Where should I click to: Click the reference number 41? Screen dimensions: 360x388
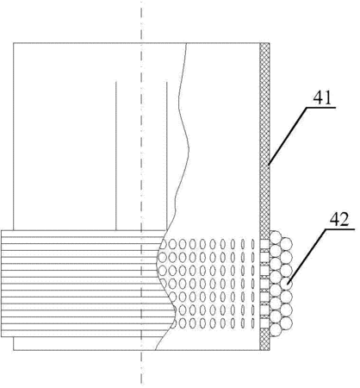point(322,98)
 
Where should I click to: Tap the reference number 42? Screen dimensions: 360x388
point(339,220)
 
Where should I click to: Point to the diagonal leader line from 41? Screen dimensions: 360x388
point(287,136)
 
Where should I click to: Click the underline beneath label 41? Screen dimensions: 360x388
point(321,108)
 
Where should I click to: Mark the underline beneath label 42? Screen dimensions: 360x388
point(339,229)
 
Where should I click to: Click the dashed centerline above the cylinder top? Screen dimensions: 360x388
point(141,22)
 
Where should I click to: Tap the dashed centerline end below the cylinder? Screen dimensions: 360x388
point(141,384)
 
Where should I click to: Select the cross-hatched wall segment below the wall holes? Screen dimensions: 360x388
point(264,340)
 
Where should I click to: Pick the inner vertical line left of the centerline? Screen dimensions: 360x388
point(116,156)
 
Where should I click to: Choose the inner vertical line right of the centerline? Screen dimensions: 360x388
point(166,156)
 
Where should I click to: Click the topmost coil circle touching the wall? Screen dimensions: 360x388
point(276,237)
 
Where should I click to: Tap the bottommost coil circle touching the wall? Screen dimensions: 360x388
point(276,329)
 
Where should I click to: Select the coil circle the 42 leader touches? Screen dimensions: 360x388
point(287,284)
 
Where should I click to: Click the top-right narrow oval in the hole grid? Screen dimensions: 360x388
point(253,244)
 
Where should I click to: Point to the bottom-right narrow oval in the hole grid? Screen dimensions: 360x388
point(253,323)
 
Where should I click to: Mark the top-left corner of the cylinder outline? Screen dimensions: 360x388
point(14,43)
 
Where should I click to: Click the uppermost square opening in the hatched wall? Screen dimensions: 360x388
point(264,244)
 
